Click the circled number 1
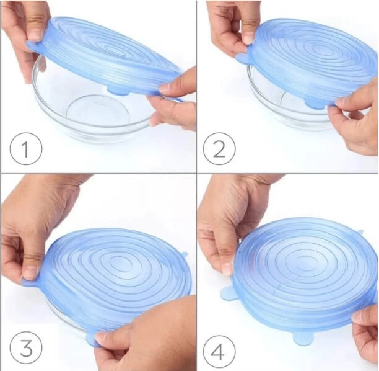coord(26,148)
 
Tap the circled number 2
coord(219,148)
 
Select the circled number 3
coord(26,348)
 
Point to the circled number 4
coord(219,351)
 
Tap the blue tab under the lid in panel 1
coord(117,90)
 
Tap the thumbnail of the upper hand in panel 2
coord(248,38)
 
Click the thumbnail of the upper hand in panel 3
coord(29,272)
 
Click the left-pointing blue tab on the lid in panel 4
coord(227,293)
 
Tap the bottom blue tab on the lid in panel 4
coord(303,338)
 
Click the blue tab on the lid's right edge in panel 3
coord(184,255)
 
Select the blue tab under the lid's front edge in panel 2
coord(315,102)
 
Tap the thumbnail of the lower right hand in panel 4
coord(358,317)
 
